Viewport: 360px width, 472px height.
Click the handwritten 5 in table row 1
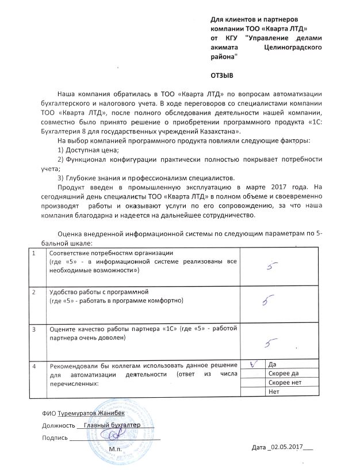275,265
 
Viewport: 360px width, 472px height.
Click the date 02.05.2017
286,447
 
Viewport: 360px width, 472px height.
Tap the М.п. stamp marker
114,448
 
